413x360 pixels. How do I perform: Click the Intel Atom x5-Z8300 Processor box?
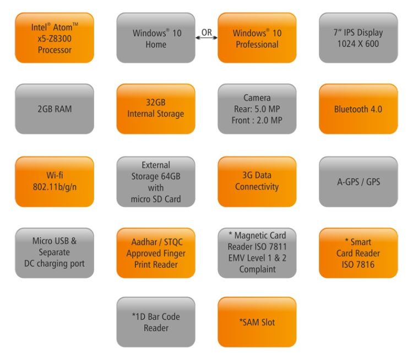point(55,38)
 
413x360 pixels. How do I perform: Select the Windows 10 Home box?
point(156,38)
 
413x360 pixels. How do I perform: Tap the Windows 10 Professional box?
point(257,38)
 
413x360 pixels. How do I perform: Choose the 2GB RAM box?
point(55,109)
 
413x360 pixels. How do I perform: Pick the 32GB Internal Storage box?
point(156,109)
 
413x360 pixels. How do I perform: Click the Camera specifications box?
point(257,109)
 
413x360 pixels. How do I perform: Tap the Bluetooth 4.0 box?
point(358,109)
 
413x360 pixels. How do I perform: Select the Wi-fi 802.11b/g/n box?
point(55,181)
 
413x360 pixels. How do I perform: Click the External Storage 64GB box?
point(156,181)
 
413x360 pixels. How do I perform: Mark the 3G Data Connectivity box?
point(257,181)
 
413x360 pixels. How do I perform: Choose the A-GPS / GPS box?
point(358,181)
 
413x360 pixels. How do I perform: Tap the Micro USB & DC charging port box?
point(55,253)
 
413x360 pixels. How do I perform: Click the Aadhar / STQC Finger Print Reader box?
point(156,253)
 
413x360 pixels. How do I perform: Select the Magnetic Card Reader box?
point(257,253)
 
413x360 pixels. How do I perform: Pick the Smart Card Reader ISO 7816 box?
point(358,253)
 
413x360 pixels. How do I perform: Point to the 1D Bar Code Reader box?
point(156,322)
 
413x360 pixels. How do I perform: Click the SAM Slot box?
point(257,322)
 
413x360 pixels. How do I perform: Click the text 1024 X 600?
point(358,44)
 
